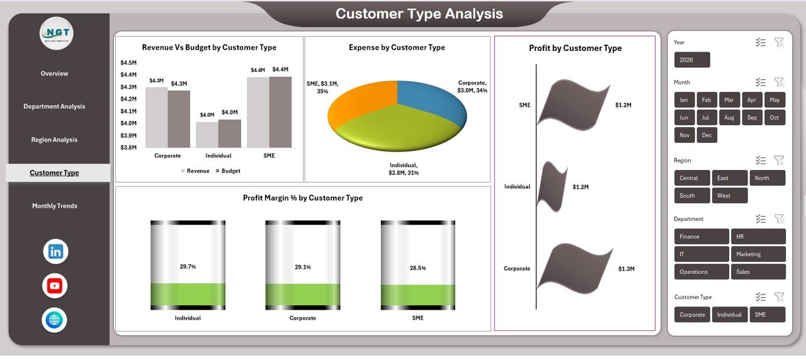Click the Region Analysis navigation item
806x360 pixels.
(x=54, y=140)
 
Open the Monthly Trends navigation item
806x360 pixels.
(x=54, y=206)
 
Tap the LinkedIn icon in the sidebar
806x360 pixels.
(x=55, y=252)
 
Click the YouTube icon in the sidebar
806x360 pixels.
(x=55, y=286)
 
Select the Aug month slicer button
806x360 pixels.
(x=729, y=118)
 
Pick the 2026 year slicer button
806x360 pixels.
(x=691, y=60)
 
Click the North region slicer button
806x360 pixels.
(x=767, y=178)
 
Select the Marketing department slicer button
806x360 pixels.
(x=758, y=254)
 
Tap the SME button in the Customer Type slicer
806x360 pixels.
(x=767, y=315)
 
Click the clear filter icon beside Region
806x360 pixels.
(x=779, y=160)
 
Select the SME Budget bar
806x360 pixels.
(x=280, y=112)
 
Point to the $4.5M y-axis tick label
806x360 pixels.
(x=128, y=62)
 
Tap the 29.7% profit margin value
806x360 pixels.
(x=188, y=267)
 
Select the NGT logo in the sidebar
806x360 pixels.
(x=56, y=33)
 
